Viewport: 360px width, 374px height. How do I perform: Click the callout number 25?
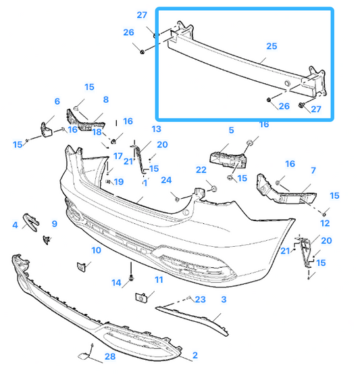pos(272,47)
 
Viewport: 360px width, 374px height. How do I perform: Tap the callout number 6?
pos(57,101)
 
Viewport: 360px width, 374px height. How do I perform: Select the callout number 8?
pos(105,99)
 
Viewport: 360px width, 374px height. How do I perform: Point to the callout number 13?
pos(156,128)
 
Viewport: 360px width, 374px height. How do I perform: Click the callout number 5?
pos(230,130)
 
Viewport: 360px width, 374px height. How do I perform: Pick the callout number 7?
pos(313,170)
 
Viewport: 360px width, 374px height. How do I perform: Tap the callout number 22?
pos(201,169)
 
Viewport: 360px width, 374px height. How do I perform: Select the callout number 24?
pos(166,179)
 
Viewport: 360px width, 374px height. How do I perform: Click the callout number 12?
pos(325,223)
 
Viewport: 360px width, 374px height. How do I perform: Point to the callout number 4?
pos(15,224)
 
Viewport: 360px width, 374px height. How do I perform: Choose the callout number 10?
pos(96,250)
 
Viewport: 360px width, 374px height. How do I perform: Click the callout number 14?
pos(115,283)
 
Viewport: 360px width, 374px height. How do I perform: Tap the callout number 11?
pos(159,279)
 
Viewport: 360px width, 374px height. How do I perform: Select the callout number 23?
pos(200,300)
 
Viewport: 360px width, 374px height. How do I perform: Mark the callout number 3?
pos(224,298)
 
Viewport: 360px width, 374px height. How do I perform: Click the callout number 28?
pos(109,356)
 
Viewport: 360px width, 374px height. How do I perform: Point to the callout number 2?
pos(195,354)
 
